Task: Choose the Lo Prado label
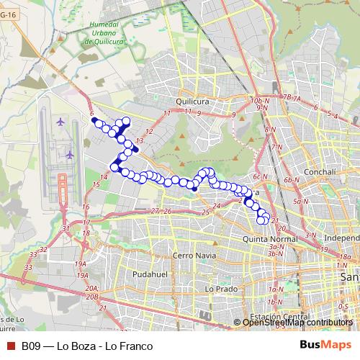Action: (220, 289)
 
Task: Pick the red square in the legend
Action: (10, 346)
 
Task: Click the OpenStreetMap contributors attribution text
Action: (297, 323)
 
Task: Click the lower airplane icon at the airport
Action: (70, 154)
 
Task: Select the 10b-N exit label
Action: (258, 100)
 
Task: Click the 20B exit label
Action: (91, 296)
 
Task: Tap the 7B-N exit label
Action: (290, 96)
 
